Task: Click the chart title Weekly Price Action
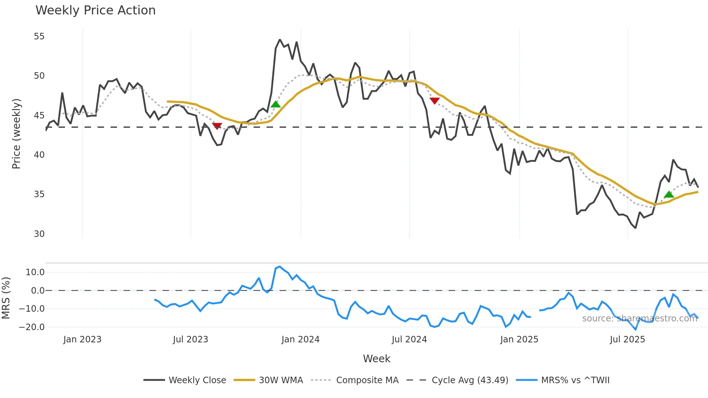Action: coord(95,10)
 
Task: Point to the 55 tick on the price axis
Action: coord(39,36)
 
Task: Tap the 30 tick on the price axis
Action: coord(39,234)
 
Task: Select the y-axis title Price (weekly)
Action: coord(16,134)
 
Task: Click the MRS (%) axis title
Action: coord(6,298)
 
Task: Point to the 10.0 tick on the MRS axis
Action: coord(35,272)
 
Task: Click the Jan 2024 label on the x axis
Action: coord(301,339)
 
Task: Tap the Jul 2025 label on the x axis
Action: coord(627,339)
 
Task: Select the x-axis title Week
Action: coord(376,359)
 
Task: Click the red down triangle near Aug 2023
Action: coord(217,126)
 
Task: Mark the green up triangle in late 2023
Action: coord(276,104)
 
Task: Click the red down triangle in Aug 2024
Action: coord(435,100)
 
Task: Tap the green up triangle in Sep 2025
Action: coord(669,194)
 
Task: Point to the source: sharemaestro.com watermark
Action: coord(639,319)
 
